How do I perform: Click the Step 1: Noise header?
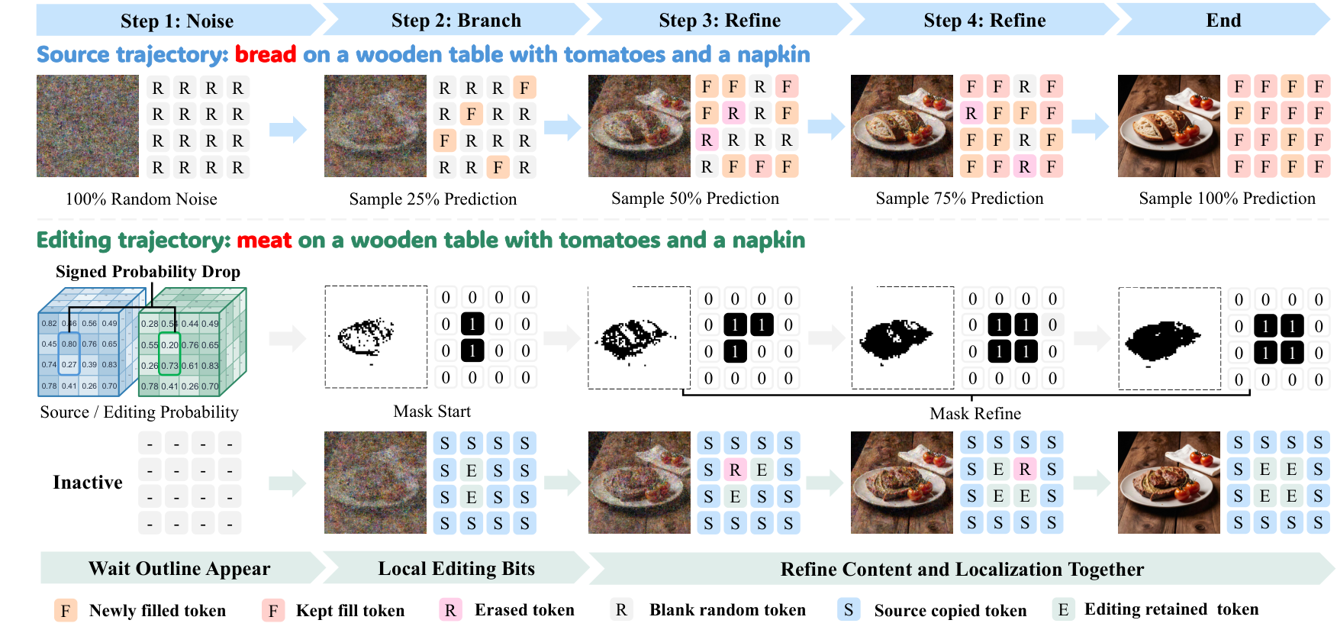pos(177,21)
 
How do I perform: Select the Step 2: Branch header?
pos(456,21)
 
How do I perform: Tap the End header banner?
pos(1223,21)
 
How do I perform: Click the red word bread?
pos(266,55)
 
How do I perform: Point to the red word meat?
pos(264,241)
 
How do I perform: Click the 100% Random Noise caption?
pos(141,199)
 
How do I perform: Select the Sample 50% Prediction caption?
pos(695,199)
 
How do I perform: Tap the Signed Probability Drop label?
pos(148,272)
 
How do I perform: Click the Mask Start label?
pos(432,412)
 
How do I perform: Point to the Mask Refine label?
pos(975,414)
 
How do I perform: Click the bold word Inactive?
pos(88,483)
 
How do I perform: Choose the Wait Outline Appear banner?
pos(180,569)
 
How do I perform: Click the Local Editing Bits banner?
pos(456,569)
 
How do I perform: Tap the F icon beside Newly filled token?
pos(66,611)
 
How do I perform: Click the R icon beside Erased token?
pos(450,610)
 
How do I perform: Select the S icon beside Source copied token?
pos(849,609)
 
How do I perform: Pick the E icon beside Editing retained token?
pos(1063,609)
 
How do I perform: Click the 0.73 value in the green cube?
pos(169,366)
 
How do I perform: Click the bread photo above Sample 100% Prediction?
pos(1169,126)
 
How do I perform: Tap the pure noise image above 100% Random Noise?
pos(88,126)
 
